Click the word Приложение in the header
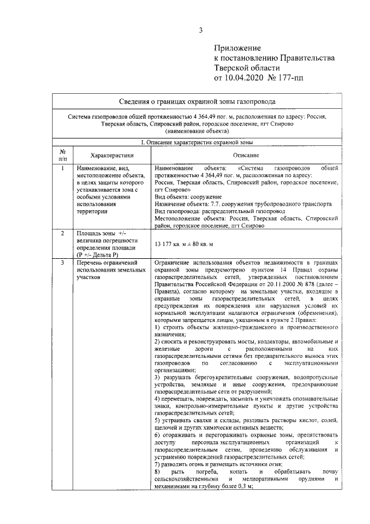point(238,47)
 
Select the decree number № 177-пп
point(294,77)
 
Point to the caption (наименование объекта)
point(196,131)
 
